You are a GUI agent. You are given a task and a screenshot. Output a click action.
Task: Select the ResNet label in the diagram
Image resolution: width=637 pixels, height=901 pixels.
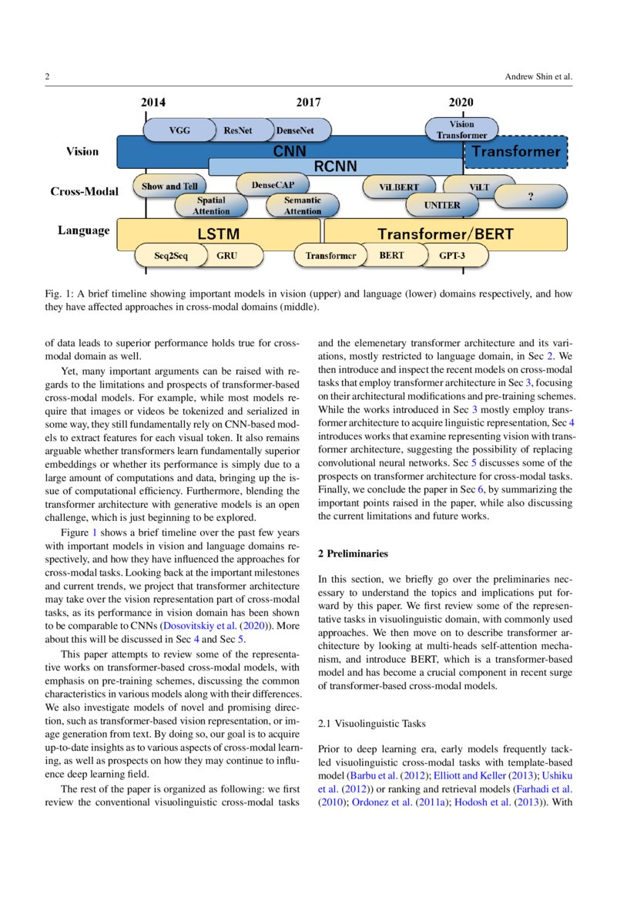(x=238, y=130)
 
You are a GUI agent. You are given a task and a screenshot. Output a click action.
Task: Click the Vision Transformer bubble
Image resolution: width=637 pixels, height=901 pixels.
(x=462, y=129)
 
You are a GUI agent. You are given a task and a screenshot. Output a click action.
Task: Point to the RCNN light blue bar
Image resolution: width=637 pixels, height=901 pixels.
(x=334, y=166)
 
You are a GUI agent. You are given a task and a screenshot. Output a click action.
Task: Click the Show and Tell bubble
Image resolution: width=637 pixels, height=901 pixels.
(x=169, y=186)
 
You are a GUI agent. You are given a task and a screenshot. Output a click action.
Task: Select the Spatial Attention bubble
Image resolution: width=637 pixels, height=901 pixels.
(x=211, y=205)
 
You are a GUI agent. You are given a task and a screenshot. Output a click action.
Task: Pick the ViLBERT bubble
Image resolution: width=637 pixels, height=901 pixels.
(x=398, y=187)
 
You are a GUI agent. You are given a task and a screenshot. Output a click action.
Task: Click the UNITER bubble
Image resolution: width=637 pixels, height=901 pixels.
(x=442, y=205)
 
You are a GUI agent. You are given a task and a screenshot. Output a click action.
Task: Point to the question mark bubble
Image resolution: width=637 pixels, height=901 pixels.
(x=530, y=197)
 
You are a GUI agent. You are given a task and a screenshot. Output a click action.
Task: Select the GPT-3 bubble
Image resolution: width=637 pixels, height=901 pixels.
(x=451, y=256)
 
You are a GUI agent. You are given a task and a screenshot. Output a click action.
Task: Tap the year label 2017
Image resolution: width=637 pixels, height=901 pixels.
(x=308, y=102)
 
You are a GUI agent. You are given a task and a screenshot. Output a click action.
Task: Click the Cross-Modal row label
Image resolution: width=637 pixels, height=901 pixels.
(x=85, y=191)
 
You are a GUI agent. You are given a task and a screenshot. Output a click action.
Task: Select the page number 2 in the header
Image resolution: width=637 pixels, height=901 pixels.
(x=48, y=76)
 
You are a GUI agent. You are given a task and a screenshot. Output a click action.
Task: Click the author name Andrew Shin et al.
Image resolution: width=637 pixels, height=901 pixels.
(x=537, y=76)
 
